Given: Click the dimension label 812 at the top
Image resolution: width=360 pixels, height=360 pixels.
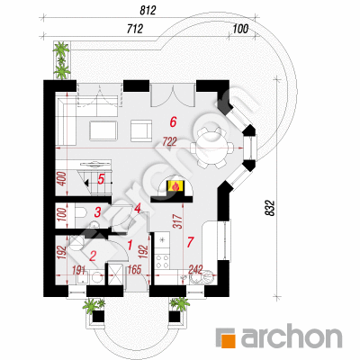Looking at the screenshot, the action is pos(148,11).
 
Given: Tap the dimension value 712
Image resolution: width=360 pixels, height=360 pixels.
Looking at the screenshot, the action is pos(135,29).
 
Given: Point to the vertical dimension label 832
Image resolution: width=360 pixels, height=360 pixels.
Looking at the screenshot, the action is pos(270,208).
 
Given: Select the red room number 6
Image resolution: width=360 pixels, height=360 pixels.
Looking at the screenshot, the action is pos(173,122).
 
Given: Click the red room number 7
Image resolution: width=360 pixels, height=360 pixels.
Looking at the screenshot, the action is pos(190,242).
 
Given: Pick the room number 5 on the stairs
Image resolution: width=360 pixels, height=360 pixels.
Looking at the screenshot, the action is pos(101,179).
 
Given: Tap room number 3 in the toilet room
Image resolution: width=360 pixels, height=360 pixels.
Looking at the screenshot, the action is pos(97,212).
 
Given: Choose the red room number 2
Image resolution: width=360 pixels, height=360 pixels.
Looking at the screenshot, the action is pos(93,256).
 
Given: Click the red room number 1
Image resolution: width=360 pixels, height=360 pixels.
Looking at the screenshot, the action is pos(130,245).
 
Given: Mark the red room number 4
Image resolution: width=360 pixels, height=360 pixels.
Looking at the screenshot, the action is pos(138,208).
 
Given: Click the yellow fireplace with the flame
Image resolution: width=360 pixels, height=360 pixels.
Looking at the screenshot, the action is pos(175,186).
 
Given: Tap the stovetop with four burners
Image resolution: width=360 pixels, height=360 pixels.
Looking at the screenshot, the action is pos(162,261).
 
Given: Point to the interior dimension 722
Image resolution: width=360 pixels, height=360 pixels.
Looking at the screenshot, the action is pos(169,141).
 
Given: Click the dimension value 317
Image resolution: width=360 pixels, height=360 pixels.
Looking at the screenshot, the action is pos(179,221).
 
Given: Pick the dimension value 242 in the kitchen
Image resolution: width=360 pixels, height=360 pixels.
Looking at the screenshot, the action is pos(195,269).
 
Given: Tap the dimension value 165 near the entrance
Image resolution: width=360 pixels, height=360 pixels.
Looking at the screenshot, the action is pos(134,269).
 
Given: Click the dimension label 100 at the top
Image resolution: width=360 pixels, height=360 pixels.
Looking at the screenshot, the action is pos(240,29).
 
